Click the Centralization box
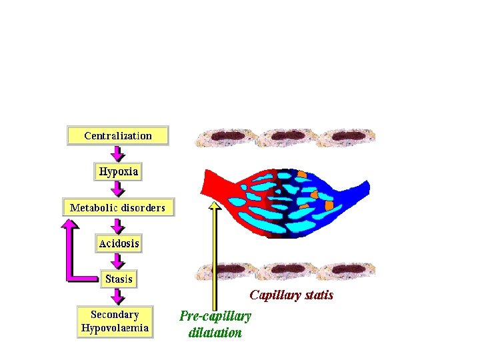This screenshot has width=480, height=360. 118,135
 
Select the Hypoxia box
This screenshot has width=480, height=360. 119,172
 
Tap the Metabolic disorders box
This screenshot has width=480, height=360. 118,207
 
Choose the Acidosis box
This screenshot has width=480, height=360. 119,243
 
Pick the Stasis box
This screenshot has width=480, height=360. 119,279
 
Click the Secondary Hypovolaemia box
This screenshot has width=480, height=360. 115,321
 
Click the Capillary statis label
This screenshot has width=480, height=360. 291,295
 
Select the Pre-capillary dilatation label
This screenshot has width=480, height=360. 215,324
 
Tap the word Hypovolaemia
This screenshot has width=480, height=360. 115,328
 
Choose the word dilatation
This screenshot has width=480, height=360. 215,332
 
